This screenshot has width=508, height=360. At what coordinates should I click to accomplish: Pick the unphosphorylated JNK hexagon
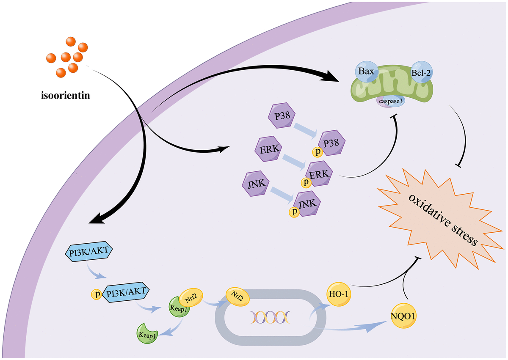[254, 184]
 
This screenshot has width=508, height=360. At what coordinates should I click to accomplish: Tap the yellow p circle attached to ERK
[304, 182]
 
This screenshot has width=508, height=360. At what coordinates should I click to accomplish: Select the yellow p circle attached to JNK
[292, 212]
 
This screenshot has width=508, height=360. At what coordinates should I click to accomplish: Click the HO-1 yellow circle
[337, 294]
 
